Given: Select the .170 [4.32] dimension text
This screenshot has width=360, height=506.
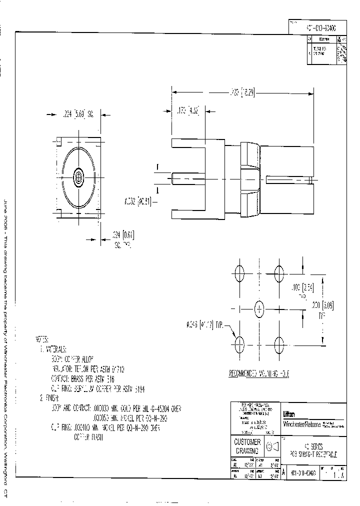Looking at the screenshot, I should [188, 111].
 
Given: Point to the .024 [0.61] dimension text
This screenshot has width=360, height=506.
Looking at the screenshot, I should [123, 235].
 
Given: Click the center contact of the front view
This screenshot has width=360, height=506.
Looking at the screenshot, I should [79, 176].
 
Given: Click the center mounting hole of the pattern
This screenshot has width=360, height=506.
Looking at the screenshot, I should [259, 308].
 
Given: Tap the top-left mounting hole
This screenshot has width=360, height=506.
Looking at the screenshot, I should [239, 273].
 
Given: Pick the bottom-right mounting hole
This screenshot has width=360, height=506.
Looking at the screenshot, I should [279, 343].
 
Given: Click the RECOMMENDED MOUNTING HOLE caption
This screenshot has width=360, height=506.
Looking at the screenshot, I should [259, 373].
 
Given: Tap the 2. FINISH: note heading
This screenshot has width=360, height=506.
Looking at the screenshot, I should [49, 398].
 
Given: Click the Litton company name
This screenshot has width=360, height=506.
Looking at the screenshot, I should [289, 414].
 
